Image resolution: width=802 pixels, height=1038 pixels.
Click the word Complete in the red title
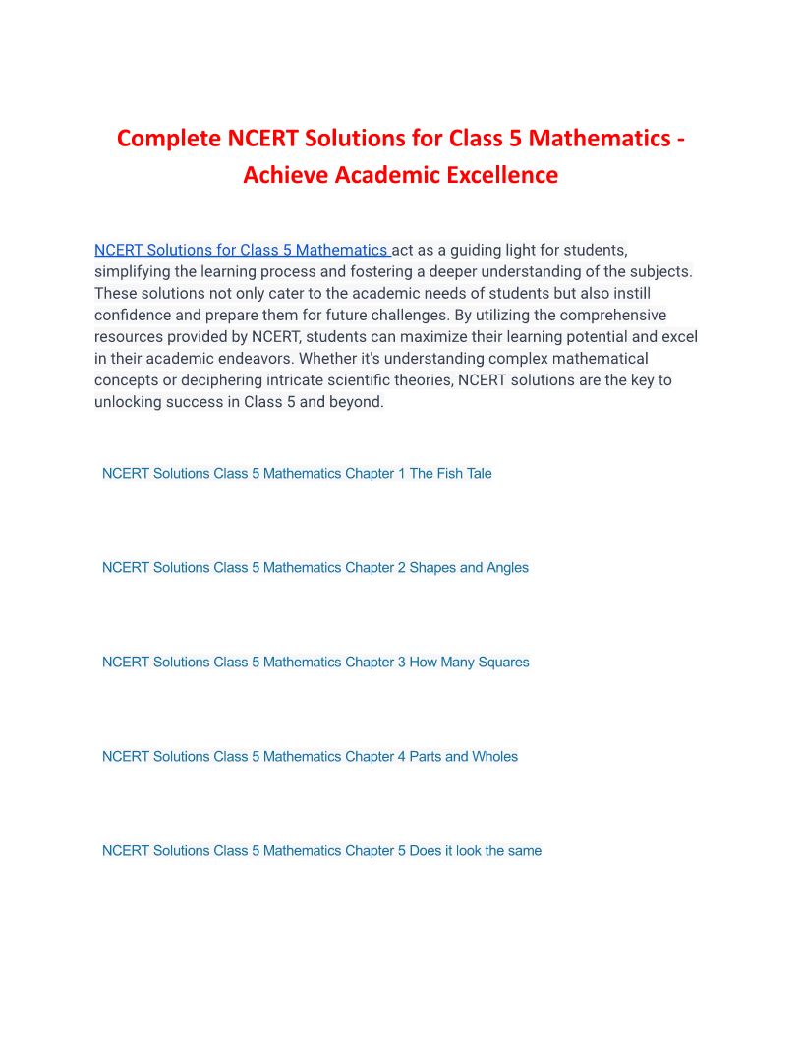point(169,138)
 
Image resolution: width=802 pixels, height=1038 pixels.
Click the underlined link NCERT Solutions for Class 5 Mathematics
point(241,250)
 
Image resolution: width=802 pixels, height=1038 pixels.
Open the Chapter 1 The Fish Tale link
point(297,473)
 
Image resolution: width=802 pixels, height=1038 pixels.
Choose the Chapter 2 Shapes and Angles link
point(315,567)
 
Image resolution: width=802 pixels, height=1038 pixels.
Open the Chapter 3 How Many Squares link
point(315,662)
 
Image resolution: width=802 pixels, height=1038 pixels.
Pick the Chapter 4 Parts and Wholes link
point(310,756)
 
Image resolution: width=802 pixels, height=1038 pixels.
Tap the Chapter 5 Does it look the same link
point(321,850)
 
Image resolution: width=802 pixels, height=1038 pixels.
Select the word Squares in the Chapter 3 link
point(504,662)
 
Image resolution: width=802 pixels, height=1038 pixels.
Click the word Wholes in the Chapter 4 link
point(495,756)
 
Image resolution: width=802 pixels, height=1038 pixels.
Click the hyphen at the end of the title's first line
point(680,139)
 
